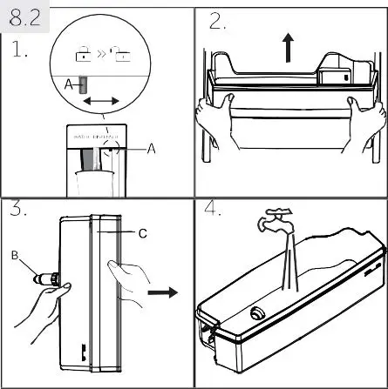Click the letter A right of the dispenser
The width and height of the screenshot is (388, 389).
click(x=151, y=149)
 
